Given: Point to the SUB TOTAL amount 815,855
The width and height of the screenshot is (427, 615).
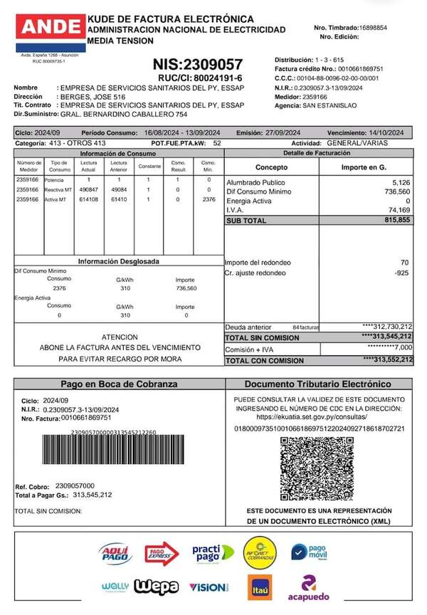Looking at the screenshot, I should click(396, 221).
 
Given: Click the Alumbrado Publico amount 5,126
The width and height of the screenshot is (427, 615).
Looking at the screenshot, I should click(401, 183).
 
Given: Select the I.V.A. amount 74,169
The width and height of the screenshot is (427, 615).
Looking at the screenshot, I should click(399, 210).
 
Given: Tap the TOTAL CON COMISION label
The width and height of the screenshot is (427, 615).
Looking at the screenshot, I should click(265, 361).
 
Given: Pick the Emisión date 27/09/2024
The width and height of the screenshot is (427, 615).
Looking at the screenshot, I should click(288, 132).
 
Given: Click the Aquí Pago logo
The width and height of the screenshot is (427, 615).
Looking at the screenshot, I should click(114, 552).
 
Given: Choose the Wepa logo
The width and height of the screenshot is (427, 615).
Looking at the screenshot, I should click(160, 587).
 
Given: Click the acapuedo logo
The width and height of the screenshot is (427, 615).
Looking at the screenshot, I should click(308, 587).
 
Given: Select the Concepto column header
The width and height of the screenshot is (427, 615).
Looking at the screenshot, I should click(271, 167).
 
